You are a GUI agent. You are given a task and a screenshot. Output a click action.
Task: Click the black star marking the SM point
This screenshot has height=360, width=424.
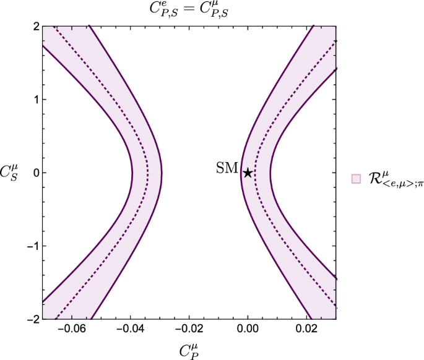point(248,173)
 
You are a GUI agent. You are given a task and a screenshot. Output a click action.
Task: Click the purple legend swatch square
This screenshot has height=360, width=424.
point(356,179)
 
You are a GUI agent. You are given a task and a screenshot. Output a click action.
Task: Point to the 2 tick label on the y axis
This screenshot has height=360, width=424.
point(37,26)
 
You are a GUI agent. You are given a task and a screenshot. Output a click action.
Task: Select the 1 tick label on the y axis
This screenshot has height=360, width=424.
point(37,99)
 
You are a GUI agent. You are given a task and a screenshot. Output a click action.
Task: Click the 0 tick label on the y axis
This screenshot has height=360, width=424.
point(37,173)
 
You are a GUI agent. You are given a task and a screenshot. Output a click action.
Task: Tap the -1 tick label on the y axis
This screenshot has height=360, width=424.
point(33,246)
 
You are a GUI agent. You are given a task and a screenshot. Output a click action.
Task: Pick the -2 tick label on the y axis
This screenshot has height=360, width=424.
point(33,319)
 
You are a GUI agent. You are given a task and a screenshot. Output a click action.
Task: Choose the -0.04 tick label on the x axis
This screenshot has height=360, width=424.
point(131,330)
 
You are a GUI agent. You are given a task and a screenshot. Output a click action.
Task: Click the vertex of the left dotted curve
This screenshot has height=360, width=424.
point(147,173)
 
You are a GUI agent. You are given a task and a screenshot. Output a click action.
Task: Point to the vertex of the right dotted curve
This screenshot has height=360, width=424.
point(255,173)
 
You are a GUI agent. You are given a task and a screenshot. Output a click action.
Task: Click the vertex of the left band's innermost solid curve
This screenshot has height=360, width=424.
point(162,173)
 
